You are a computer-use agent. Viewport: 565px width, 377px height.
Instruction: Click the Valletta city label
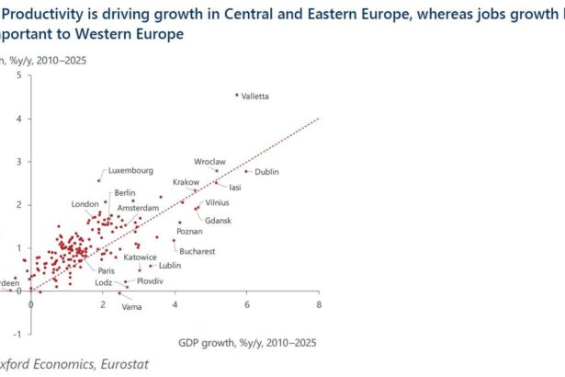click(x=256, y=97)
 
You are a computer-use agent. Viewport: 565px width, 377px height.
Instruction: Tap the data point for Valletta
click(x=237, y=94)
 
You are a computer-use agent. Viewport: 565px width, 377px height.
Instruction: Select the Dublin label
click(x=266, y=172)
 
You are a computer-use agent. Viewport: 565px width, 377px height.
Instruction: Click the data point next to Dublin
click(x=246, y=171)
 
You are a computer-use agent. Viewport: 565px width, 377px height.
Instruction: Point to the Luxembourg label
click(x=130, y=170)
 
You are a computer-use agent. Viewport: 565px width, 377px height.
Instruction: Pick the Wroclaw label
click(x=210, y=161)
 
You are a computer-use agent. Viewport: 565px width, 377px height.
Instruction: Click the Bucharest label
click(x=198, y=251)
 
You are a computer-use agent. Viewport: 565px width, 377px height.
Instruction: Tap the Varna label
click(x=132, y=306)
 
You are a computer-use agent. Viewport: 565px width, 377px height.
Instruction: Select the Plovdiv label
click(x=149, y=280)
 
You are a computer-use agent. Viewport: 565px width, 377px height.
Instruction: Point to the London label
click(x=85, y=204)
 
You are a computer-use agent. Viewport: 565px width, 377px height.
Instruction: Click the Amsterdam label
click(x=137, y=209)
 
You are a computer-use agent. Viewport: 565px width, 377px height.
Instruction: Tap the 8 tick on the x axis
click(x=319, y=303)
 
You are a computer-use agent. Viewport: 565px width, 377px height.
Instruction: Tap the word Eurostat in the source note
click(x=85, y=365)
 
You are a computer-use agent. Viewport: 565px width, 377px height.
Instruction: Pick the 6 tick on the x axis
click(x=247, y=303)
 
